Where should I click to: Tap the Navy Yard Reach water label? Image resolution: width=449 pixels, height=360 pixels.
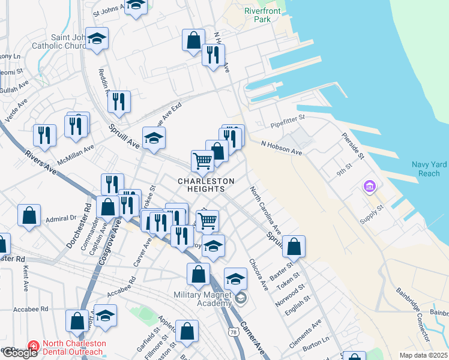[x=429, y=169]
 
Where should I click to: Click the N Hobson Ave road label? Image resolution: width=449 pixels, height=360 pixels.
[x=281, y=148]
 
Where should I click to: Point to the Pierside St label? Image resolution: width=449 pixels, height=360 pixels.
[x=352, y=146]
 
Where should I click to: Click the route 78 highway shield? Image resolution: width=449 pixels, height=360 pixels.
[x=232, y=331]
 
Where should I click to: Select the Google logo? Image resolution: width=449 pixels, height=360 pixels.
[x=20, y=353]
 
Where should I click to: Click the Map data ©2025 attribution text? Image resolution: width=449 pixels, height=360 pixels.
[x=423, y=355]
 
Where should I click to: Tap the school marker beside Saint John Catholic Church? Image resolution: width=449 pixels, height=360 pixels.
[x=96, y=40]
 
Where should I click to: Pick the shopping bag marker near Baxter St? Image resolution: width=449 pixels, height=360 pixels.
[x=294, y=246]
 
